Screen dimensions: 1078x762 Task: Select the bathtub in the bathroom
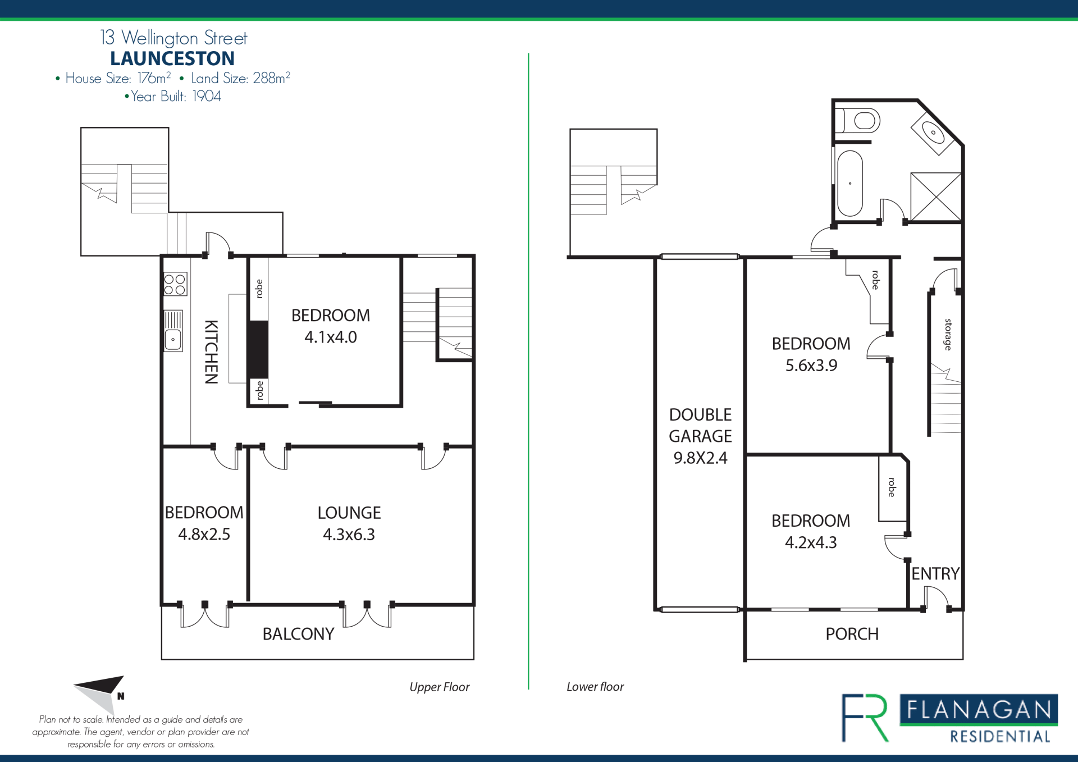coord(849,183)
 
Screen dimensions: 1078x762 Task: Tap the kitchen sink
coord(173,331)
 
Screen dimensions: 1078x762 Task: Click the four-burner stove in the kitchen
coord(175,284)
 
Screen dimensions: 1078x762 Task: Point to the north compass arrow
coord(100,694)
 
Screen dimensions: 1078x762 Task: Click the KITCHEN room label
coord(211,352)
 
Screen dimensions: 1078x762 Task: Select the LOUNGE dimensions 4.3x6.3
coord(349,534)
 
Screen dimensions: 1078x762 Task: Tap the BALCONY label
coord(298,634)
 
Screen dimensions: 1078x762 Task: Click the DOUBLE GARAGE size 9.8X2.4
coord(700,458)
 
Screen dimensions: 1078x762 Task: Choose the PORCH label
coord(852,634)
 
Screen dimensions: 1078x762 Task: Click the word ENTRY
coord(935,573)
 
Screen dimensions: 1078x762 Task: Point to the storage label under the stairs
coord(948,335)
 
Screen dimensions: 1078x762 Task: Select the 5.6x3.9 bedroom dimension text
coord(811,365)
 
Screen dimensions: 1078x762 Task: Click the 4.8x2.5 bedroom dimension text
coord(204,534)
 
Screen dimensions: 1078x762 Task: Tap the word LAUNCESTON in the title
coord(172,58)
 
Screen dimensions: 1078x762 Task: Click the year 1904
coord(207,96)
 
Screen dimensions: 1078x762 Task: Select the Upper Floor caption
coord(439,687)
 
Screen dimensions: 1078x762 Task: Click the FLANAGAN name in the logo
coord(979,710)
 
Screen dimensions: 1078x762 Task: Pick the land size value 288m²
coord(271,77)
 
